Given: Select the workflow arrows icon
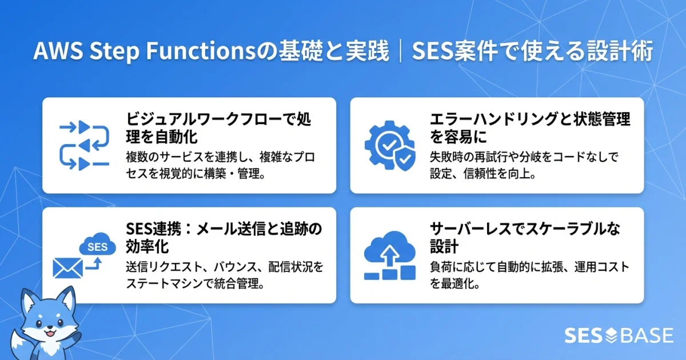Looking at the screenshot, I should click(x=84, y=145).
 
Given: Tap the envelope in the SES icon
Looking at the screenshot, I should click(x=68, y=267).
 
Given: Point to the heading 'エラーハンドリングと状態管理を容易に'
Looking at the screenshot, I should click(x=529, y=128).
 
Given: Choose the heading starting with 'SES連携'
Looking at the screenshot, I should click(x=224, y=238).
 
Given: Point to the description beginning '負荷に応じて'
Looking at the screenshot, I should click(x=529, y=275).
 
